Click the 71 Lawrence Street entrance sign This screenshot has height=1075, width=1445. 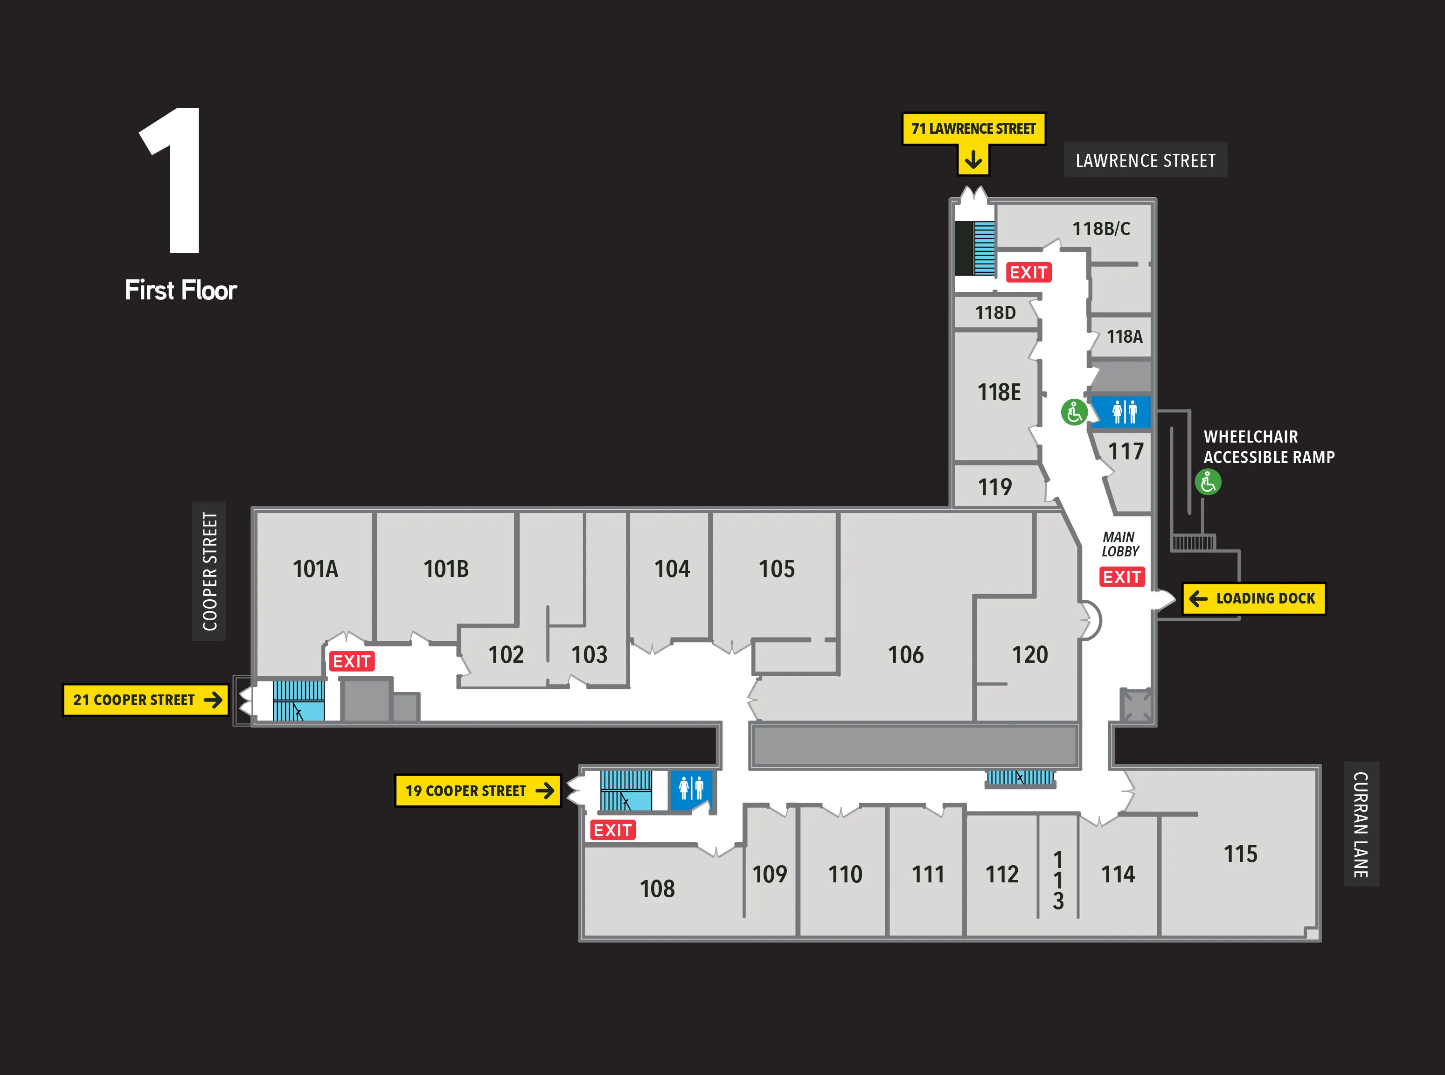click(x=973, y=129)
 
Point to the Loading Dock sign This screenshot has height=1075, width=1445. click(x=1254, y=598)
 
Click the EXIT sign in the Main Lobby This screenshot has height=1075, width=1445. click(x=1122, y=576)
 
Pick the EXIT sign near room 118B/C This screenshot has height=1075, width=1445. click(x=1028, y=272)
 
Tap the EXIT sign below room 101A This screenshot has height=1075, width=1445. click(x=351, y=661)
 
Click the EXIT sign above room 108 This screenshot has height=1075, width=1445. click(x=612, y=830)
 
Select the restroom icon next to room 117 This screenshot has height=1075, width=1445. click(x=1124, y=412)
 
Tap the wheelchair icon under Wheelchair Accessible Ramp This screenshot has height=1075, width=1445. click(x=1208, y=482)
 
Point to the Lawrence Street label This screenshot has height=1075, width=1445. click(x=1145, y=160)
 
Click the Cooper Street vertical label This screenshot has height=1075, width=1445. click(x=209, y=571)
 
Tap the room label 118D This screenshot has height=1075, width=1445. click(x=995, y=313)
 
